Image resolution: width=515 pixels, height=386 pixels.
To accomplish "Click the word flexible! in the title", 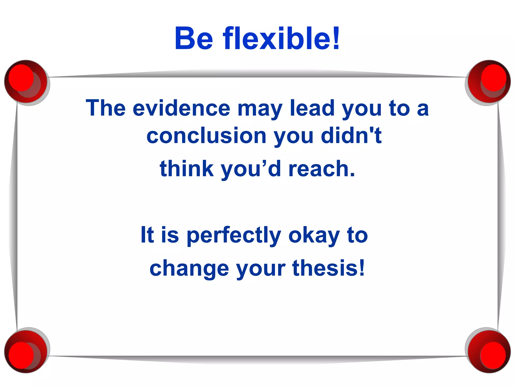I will [281, 39].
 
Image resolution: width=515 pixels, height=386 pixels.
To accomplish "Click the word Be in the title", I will [194, 39].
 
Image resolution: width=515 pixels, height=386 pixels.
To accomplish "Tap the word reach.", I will [322, 169].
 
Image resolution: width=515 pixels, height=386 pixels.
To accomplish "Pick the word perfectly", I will [234, 235].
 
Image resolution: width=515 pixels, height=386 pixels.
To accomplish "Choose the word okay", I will [314, 235].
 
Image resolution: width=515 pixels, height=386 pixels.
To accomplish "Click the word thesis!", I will [328, 268].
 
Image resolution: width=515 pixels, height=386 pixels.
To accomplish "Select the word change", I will [189, 268].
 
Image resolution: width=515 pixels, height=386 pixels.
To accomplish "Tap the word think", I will [187, 169].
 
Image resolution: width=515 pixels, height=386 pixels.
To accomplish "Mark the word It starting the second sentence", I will [147, 235].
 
